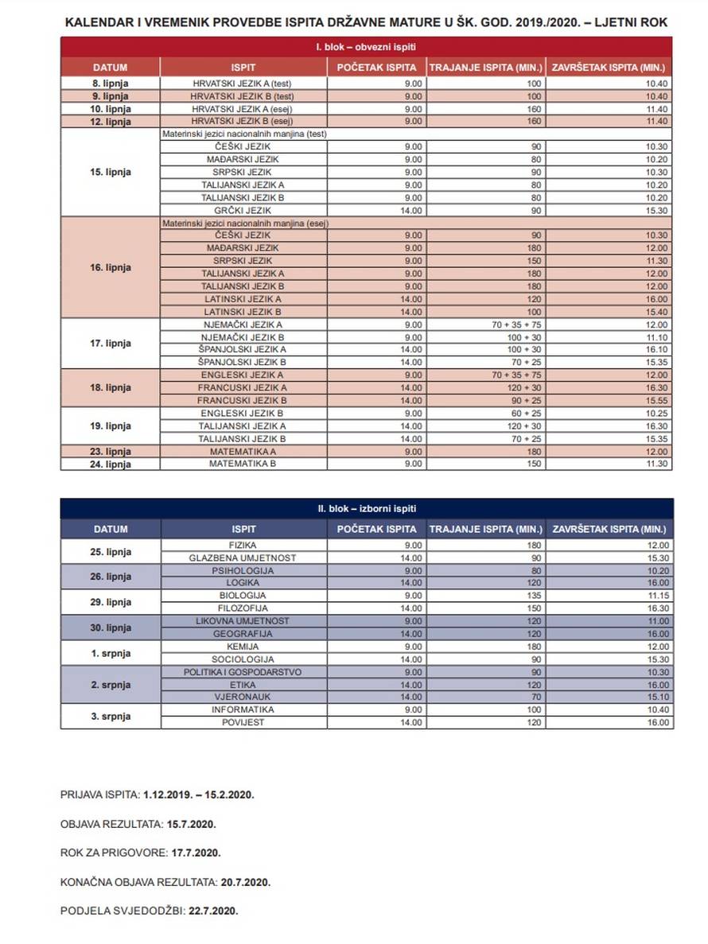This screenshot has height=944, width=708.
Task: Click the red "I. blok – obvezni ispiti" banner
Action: tap(366, 48)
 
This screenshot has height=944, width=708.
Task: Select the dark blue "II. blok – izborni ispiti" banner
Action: tap(366, 508)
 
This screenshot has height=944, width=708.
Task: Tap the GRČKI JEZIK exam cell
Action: tap(243, 211)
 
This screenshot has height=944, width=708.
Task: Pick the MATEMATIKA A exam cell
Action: tap(243, 451)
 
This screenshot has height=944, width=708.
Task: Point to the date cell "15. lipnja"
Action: tap(111, 173)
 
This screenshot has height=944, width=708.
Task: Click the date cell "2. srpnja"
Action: tap(111, 685)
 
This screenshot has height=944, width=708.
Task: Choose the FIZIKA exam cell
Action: tap(243, 545)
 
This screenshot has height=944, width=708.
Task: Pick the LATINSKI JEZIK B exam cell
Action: tap(243, 312)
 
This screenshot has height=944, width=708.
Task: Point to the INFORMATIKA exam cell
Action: tap(243, 709)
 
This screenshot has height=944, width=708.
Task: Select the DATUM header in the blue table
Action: tap(111, 529)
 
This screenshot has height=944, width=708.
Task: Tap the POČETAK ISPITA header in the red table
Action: tap(376, 68)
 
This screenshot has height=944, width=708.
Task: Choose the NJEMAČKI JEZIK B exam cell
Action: tap(243, 337)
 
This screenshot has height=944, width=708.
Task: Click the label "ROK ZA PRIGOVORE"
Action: tap(114, 853)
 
